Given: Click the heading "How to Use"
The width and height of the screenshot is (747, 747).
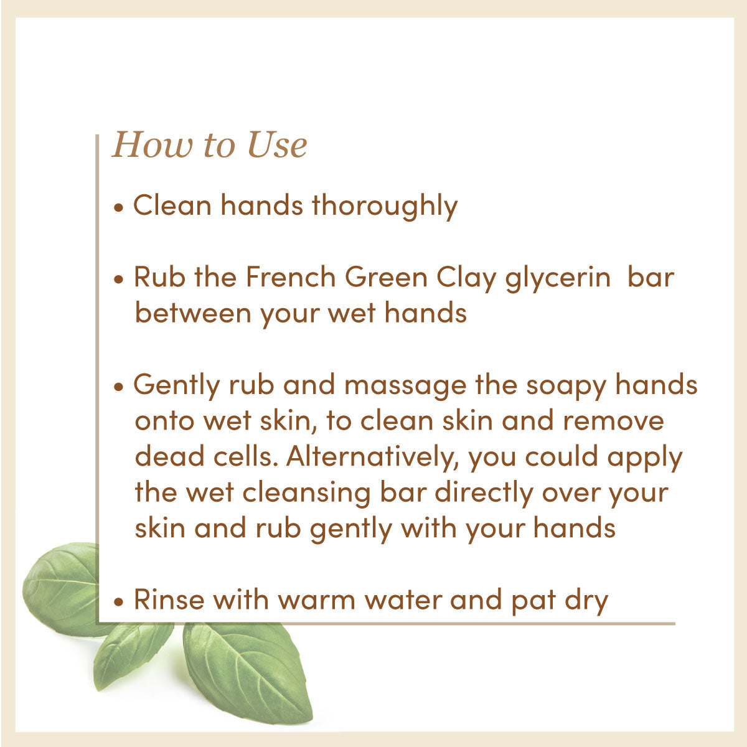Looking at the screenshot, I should (x=209, y=145).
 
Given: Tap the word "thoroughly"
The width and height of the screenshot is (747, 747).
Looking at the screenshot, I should (x=384, y=206).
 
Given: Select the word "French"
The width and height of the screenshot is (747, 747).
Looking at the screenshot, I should (x=291, y=277).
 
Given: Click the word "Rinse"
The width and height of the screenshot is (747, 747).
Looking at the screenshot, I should (x=169, y=600).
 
